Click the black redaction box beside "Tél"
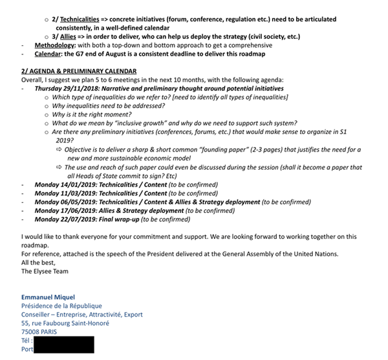click(63, 340)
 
